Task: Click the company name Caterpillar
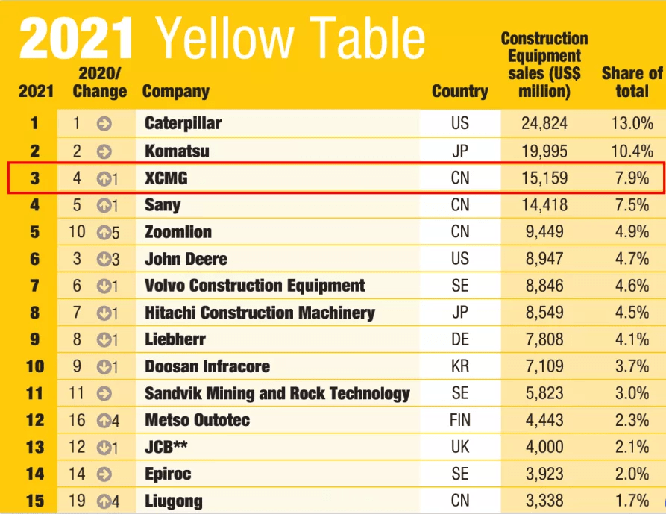click(x=183, y=123)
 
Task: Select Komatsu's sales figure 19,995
click(x=543, y=151)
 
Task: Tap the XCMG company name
click(x=166, y=178)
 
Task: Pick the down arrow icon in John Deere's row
click(x=104, y=259)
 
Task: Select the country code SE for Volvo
click(x=460, y=286)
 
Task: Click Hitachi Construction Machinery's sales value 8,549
click(x=543, y=313)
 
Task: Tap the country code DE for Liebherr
click(x=460, y=339)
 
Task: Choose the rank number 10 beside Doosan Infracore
click(x=35, y=366)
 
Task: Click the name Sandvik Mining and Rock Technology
click(x=277, y=393)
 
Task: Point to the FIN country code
click(x=460, y=420)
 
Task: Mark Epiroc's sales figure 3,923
click(x=543, y=474)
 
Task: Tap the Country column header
click(x=459, y=92)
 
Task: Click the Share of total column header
click(x=632, y=82)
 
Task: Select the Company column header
click(x=175, y=92)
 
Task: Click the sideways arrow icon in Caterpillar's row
click(x=104, y=123)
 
